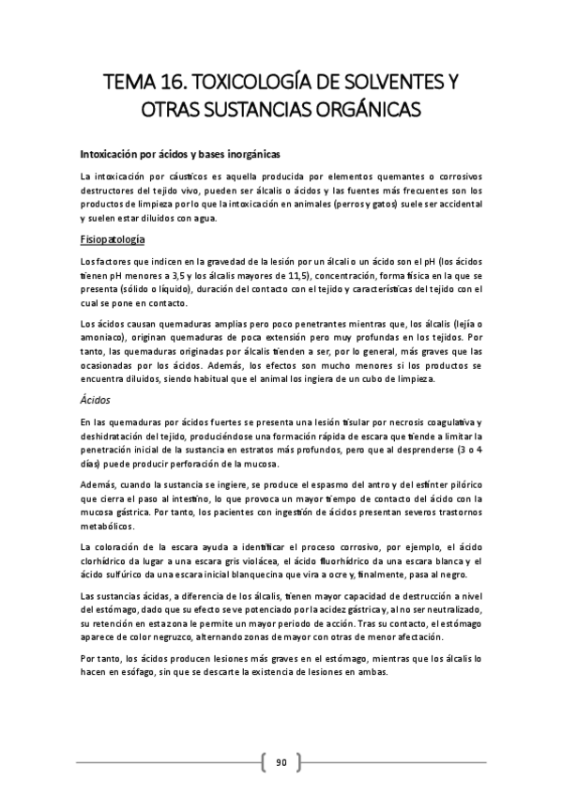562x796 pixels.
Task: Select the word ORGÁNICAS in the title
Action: tap(366, 109)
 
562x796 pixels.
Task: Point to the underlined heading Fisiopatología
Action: tap(113, 239)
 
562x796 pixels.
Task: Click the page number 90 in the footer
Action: tap(281, 760)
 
